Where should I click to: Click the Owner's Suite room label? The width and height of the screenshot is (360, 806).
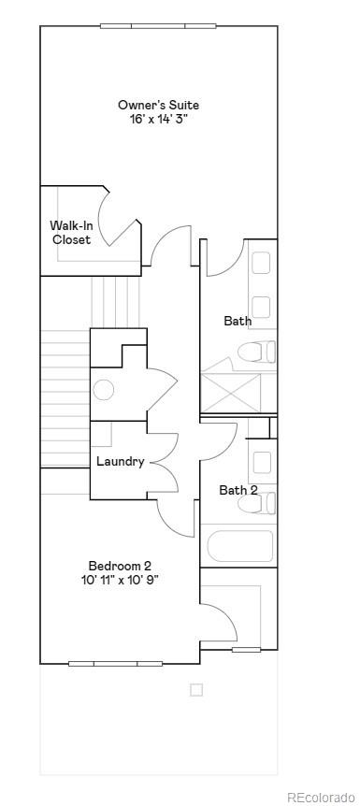[158, 105]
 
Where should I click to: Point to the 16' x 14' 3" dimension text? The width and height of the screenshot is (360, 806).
[158, 119]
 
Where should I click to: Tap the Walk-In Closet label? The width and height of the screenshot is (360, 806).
[70, 232]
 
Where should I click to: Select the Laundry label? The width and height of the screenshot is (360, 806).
[120, 461]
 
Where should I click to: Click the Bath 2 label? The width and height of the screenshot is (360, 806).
[238, 490]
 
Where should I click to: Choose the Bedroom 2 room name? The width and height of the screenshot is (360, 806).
[120, 566]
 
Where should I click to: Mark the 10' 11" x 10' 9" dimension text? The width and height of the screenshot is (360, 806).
[120, 580]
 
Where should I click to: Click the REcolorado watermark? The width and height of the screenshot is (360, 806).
[320, 797]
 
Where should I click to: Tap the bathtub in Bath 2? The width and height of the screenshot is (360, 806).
[240, 546]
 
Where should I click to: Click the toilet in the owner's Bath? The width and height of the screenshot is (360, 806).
[257, 353]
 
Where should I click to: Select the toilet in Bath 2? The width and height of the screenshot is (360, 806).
[257, 504]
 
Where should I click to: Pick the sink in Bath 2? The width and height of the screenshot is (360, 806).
[262, 462]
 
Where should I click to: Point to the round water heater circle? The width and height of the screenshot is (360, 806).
[104, 390]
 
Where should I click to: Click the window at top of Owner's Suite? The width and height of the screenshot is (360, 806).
[158, 25]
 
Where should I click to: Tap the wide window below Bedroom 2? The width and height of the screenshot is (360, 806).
[115, 664]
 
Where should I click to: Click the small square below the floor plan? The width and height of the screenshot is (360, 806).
[196, 690]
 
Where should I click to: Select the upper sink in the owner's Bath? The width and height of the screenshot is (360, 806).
[261, 263]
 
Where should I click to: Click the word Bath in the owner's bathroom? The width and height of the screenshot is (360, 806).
[238, 321]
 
